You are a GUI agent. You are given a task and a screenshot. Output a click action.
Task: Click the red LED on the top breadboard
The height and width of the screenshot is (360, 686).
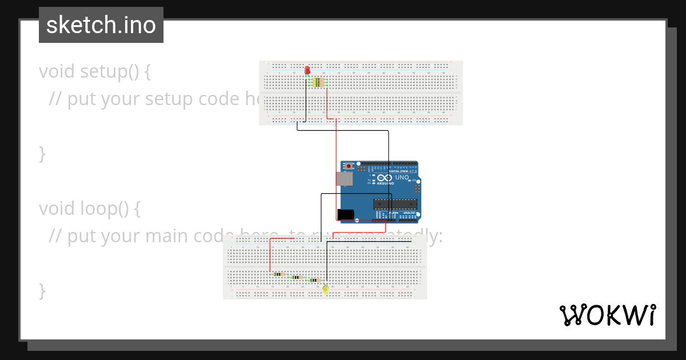307,70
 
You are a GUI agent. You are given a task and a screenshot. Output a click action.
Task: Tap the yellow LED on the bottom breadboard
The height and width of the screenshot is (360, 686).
325,290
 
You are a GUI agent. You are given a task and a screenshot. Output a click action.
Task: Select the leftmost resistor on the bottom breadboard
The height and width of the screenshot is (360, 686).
278,274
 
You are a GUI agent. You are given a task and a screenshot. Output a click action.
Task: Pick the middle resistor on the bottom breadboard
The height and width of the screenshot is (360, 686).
297,277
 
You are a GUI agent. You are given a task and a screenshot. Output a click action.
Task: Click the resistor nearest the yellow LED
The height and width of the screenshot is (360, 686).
314,281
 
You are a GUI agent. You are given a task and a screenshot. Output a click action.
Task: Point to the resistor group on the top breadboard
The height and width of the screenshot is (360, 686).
318,82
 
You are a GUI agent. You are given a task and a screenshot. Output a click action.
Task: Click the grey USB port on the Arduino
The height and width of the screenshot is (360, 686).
345,179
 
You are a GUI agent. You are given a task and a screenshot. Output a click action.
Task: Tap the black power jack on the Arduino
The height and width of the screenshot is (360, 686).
346,215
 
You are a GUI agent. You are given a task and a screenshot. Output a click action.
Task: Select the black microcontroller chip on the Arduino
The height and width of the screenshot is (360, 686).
395,204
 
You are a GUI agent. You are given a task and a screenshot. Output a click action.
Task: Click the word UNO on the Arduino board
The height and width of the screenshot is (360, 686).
402,178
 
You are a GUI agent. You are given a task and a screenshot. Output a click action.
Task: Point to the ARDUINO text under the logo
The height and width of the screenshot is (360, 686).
385,184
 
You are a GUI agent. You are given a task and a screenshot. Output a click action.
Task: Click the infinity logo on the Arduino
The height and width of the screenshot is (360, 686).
385,178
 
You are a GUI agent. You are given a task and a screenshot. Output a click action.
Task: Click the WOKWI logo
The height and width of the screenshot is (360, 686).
607,315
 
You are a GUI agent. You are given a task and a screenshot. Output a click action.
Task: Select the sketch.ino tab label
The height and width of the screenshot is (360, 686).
101,25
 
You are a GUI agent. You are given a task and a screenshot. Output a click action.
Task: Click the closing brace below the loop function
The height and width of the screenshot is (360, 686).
42,290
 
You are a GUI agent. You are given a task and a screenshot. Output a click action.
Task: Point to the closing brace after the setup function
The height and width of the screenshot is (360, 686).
42,153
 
